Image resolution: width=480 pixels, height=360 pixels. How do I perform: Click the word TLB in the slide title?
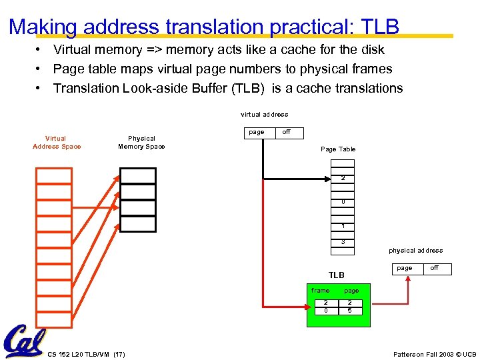coord(379,27)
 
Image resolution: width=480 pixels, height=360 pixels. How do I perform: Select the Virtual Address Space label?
coord(56,143)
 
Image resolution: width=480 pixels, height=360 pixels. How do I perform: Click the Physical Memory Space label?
coord(141,143)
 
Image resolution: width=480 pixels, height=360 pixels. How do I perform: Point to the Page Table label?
coord(338,149)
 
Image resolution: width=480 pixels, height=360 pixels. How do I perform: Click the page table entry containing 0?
coord(343,202)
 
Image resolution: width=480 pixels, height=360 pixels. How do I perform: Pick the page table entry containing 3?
coord(343,242)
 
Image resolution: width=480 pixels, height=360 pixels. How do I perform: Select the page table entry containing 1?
coord(343,226)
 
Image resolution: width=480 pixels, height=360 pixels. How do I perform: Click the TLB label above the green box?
coord(337,275)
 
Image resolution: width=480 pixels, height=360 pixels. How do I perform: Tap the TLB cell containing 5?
coord(350,311)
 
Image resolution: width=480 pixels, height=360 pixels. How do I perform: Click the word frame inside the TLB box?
coord(321,291)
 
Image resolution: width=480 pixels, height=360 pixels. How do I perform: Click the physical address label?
coord(416,251)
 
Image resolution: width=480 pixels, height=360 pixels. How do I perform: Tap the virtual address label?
coord(265,115)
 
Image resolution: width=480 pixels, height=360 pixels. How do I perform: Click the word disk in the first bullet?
coord(371,49)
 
